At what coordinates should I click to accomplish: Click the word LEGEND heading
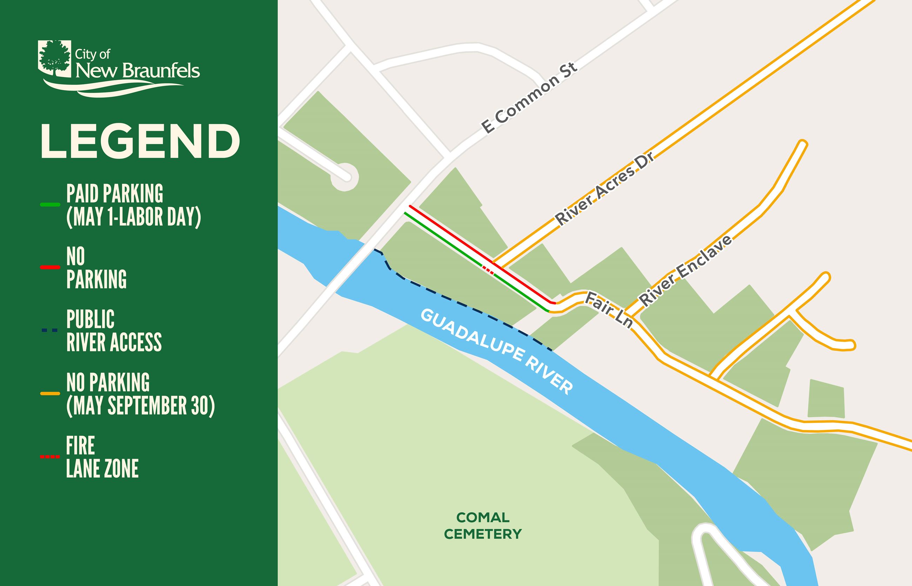tap(140, 141)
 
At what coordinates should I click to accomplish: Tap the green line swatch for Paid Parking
tap(50, 205)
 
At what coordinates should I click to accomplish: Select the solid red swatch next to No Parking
tap(50, 268)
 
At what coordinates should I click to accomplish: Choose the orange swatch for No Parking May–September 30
tap(50, 393)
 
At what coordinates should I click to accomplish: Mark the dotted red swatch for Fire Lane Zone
tap(50, 456)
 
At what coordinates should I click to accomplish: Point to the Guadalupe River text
tap(496, 352)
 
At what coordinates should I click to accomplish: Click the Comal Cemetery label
tap(483, 525)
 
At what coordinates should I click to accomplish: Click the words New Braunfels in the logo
tap(138, 71)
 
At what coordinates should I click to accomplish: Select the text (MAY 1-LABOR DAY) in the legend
tap(133, 217)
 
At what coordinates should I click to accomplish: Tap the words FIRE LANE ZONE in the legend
tap(102, 457)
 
